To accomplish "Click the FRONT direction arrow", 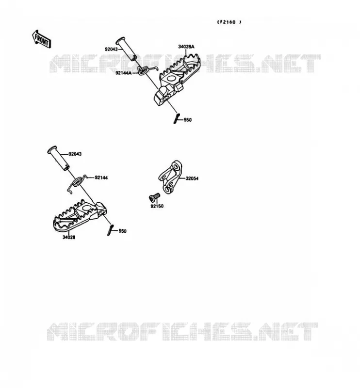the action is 41,39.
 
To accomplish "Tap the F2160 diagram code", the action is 229,22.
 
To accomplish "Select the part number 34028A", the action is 186,47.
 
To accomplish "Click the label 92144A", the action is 124,73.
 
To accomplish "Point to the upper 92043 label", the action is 111,49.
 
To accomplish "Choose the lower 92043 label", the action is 75,154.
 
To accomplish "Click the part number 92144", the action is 101,178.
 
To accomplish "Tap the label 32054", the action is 192,178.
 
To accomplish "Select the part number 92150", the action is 157,206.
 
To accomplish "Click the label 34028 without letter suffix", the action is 69,237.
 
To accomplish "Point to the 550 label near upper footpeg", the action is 188,120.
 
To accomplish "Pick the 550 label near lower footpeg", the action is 123,231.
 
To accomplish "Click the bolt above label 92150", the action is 154,197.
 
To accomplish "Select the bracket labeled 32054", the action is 170,177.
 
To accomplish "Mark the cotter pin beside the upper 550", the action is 177,118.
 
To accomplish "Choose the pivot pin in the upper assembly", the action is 126,49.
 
